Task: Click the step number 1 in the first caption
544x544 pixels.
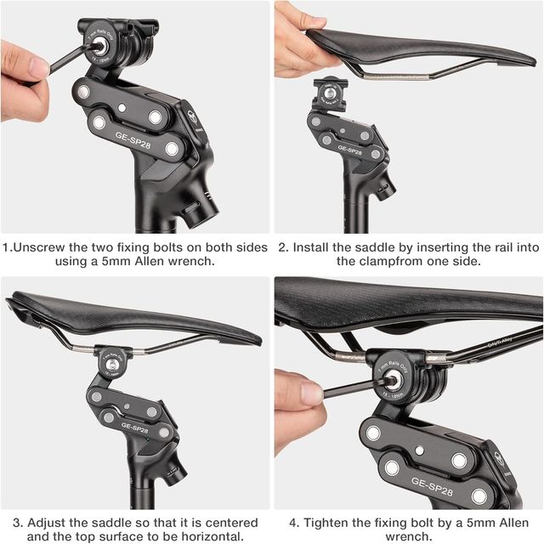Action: pyautogui.click(x=7, y=248)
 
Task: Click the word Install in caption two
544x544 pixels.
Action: pyautogui.click(x=315, y=248)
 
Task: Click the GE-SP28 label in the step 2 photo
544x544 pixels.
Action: pyautogui.click(x=350, y=148)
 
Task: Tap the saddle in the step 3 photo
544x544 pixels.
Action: pyautogui.click(x=127, y=314)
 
